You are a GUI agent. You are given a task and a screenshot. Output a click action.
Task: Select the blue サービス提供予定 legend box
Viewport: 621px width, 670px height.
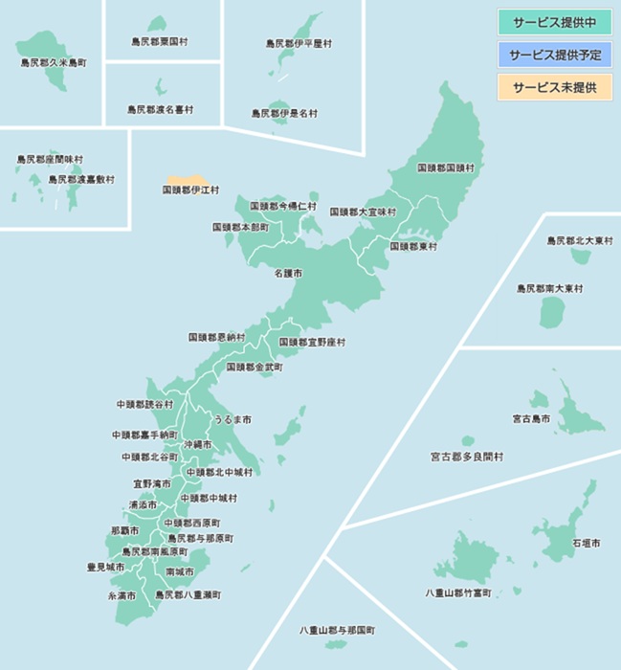pyautogui.click(x=554, y=55)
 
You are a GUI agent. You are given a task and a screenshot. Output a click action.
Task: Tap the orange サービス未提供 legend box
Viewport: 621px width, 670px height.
pyautogui.click(x=554, y=87)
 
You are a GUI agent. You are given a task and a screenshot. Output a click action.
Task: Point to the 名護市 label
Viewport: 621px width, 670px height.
pyautogui.click(x=288, y=274)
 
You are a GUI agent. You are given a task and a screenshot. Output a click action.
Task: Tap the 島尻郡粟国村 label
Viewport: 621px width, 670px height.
pyautogui.click(x=160, y=42)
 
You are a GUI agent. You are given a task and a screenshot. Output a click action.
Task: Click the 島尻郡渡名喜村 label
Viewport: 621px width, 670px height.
pyautogui.click(x=160, y=110)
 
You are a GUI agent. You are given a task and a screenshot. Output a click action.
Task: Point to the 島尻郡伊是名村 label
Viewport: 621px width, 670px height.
pyautogui.click(x=284, y=113)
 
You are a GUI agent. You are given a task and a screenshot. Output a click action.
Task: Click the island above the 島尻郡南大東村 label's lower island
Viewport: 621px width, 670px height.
pyautogui.click(x=578, y=257)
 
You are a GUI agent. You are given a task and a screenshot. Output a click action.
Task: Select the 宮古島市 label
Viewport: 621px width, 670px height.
pyautogui.click(x=531, y=418)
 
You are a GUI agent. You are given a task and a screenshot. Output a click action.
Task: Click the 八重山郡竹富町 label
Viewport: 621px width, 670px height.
pyautogui.click(x=458, y=593)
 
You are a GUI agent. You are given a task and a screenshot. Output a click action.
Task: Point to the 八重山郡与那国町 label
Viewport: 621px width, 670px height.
pyautogui.click(x=337, y=631)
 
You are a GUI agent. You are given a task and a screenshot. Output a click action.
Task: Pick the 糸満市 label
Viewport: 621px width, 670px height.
pyautogui.click(x=122, y=595)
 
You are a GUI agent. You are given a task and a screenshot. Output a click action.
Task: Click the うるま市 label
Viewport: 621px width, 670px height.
pyautogui.click(x=233, y=420)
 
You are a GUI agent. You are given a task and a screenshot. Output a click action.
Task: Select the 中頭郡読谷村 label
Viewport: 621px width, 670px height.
pyautogui.click(x=145, y=405)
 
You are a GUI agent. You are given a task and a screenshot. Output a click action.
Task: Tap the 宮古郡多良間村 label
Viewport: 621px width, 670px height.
pyautogui.click(x=466, y=457)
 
